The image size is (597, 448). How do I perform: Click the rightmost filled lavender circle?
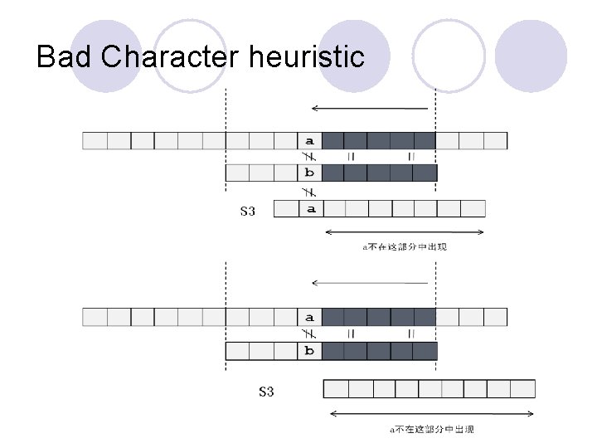531,56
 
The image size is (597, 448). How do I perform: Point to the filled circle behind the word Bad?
105,56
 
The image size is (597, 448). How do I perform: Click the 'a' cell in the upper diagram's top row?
309,140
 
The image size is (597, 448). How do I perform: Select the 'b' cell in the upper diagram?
309,173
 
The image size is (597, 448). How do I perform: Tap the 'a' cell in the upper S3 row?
310,208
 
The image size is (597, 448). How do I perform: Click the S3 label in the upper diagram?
247,211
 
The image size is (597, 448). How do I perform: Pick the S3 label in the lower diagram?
265,391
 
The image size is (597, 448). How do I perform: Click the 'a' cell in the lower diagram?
309,317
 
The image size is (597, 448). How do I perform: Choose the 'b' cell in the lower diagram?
309,350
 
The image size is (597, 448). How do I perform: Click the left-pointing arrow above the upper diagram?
369,108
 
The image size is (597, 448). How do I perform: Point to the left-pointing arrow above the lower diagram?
369,283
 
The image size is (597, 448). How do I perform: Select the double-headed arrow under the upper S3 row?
405,231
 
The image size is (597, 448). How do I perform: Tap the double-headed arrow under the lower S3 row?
429,411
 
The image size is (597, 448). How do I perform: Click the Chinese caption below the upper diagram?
405,246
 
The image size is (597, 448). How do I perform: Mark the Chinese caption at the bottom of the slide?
432,429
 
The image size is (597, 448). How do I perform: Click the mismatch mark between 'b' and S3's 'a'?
309,190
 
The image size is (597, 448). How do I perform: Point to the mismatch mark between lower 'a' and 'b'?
309,334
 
